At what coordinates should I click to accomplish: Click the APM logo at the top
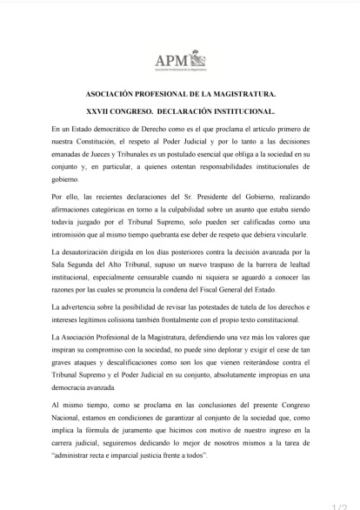pos(181,60)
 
